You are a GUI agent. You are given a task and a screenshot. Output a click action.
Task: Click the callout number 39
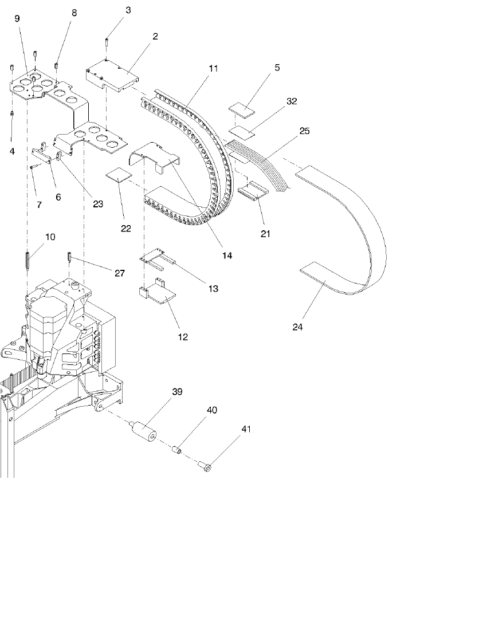point(178,392)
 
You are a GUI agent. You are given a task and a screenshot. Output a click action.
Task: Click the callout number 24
point(297,328)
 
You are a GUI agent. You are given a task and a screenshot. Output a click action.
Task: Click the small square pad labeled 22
point(119,175)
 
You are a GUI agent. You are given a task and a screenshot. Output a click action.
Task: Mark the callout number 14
point(227,255)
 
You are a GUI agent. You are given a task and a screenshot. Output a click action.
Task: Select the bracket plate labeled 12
point(161,292)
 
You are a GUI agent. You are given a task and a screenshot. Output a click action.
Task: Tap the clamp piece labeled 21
point(253,191)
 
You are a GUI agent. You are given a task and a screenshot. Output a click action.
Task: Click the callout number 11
point(214,68)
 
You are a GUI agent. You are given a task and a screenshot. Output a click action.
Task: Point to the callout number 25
point(304,131)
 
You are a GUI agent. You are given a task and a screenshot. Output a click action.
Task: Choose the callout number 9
point(17,18)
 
